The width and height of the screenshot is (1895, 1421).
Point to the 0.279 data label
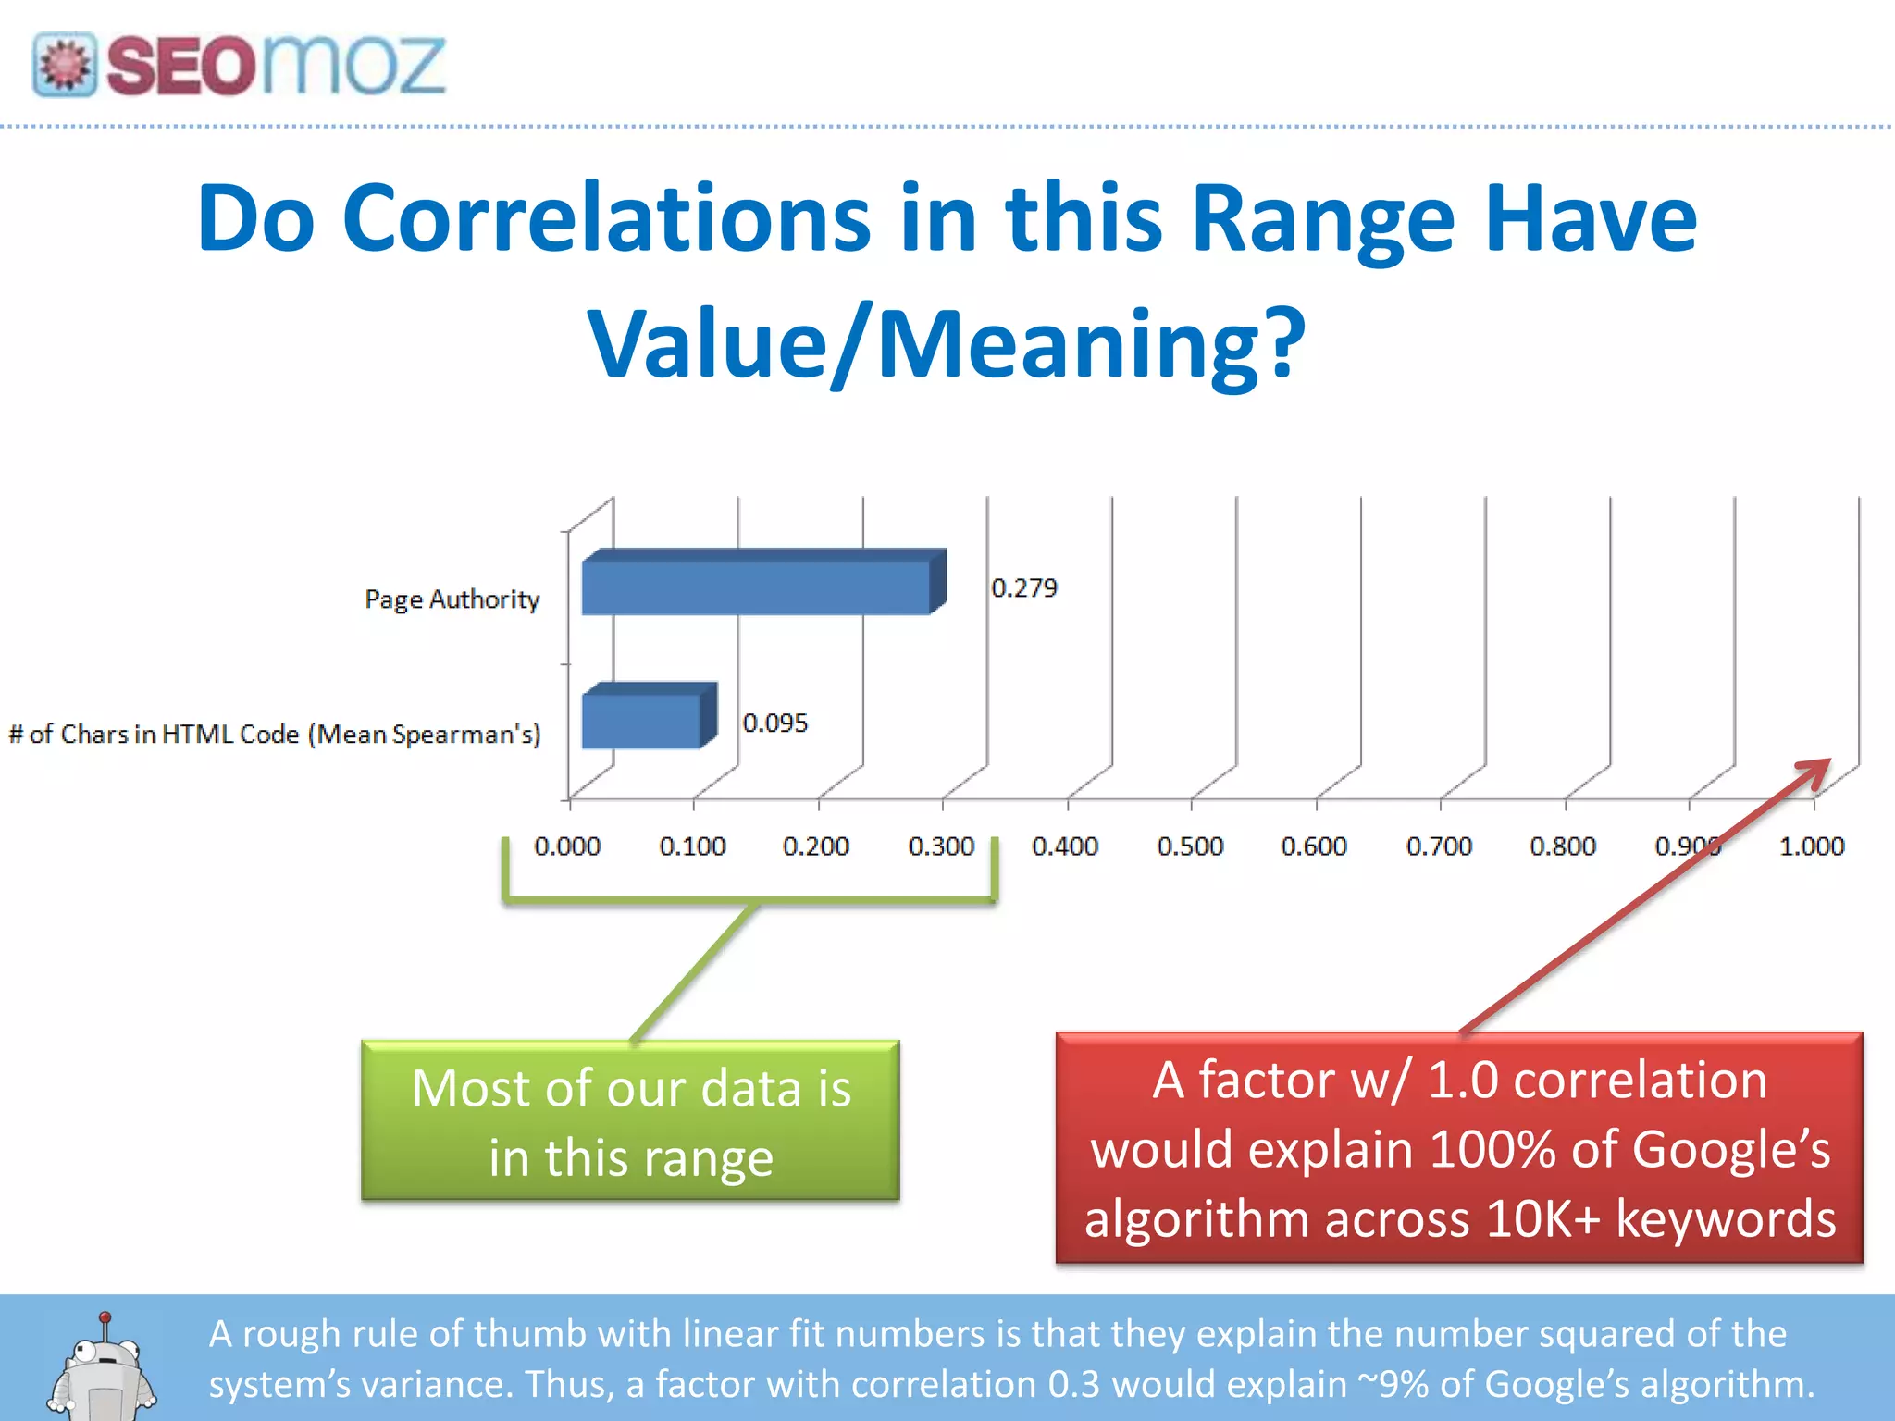pyautogui.click(x=1023, y=588)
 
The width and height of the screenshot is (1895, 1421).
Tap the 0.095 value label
pyautogui.click(x=774, y=723)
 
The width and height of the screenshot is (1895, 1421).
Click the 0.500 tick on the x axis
pyautogui.click(x=1190, y=846)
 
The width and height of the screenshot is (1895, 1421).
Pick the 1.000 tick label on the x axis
pyautogui.click(x=1811, y=846)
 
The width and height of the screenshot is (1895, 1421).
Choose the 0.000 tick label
pyautogui.click(x=567, y=846)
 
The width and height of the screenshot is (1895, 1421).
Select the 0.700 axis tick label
pyautogui.click(x=1438, y=846)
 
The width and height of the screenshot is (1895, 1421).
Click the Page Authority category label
pyautogui.click(x=452, y=599)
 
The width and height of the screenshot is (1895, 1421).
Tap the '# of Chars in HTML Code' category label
pyautogui.click(x=275, y=735)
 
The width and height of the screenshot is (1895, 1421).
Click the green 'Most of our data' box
pyautogui.click(x=630, y=1121)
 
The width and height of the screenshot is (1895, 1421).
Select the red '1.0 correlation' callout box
pyautogui.click(x=1459, y=1148)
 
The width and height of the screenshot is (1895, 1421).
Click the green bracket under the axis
pyautogui.click(x=749, y=896)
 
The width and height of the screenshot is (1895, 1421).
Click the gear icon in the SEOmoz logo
pyautogui.click(x=65, y=65)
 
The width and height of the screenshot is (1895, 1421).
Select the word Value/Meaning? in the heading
pyautogui.click(x=947, y=344)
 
